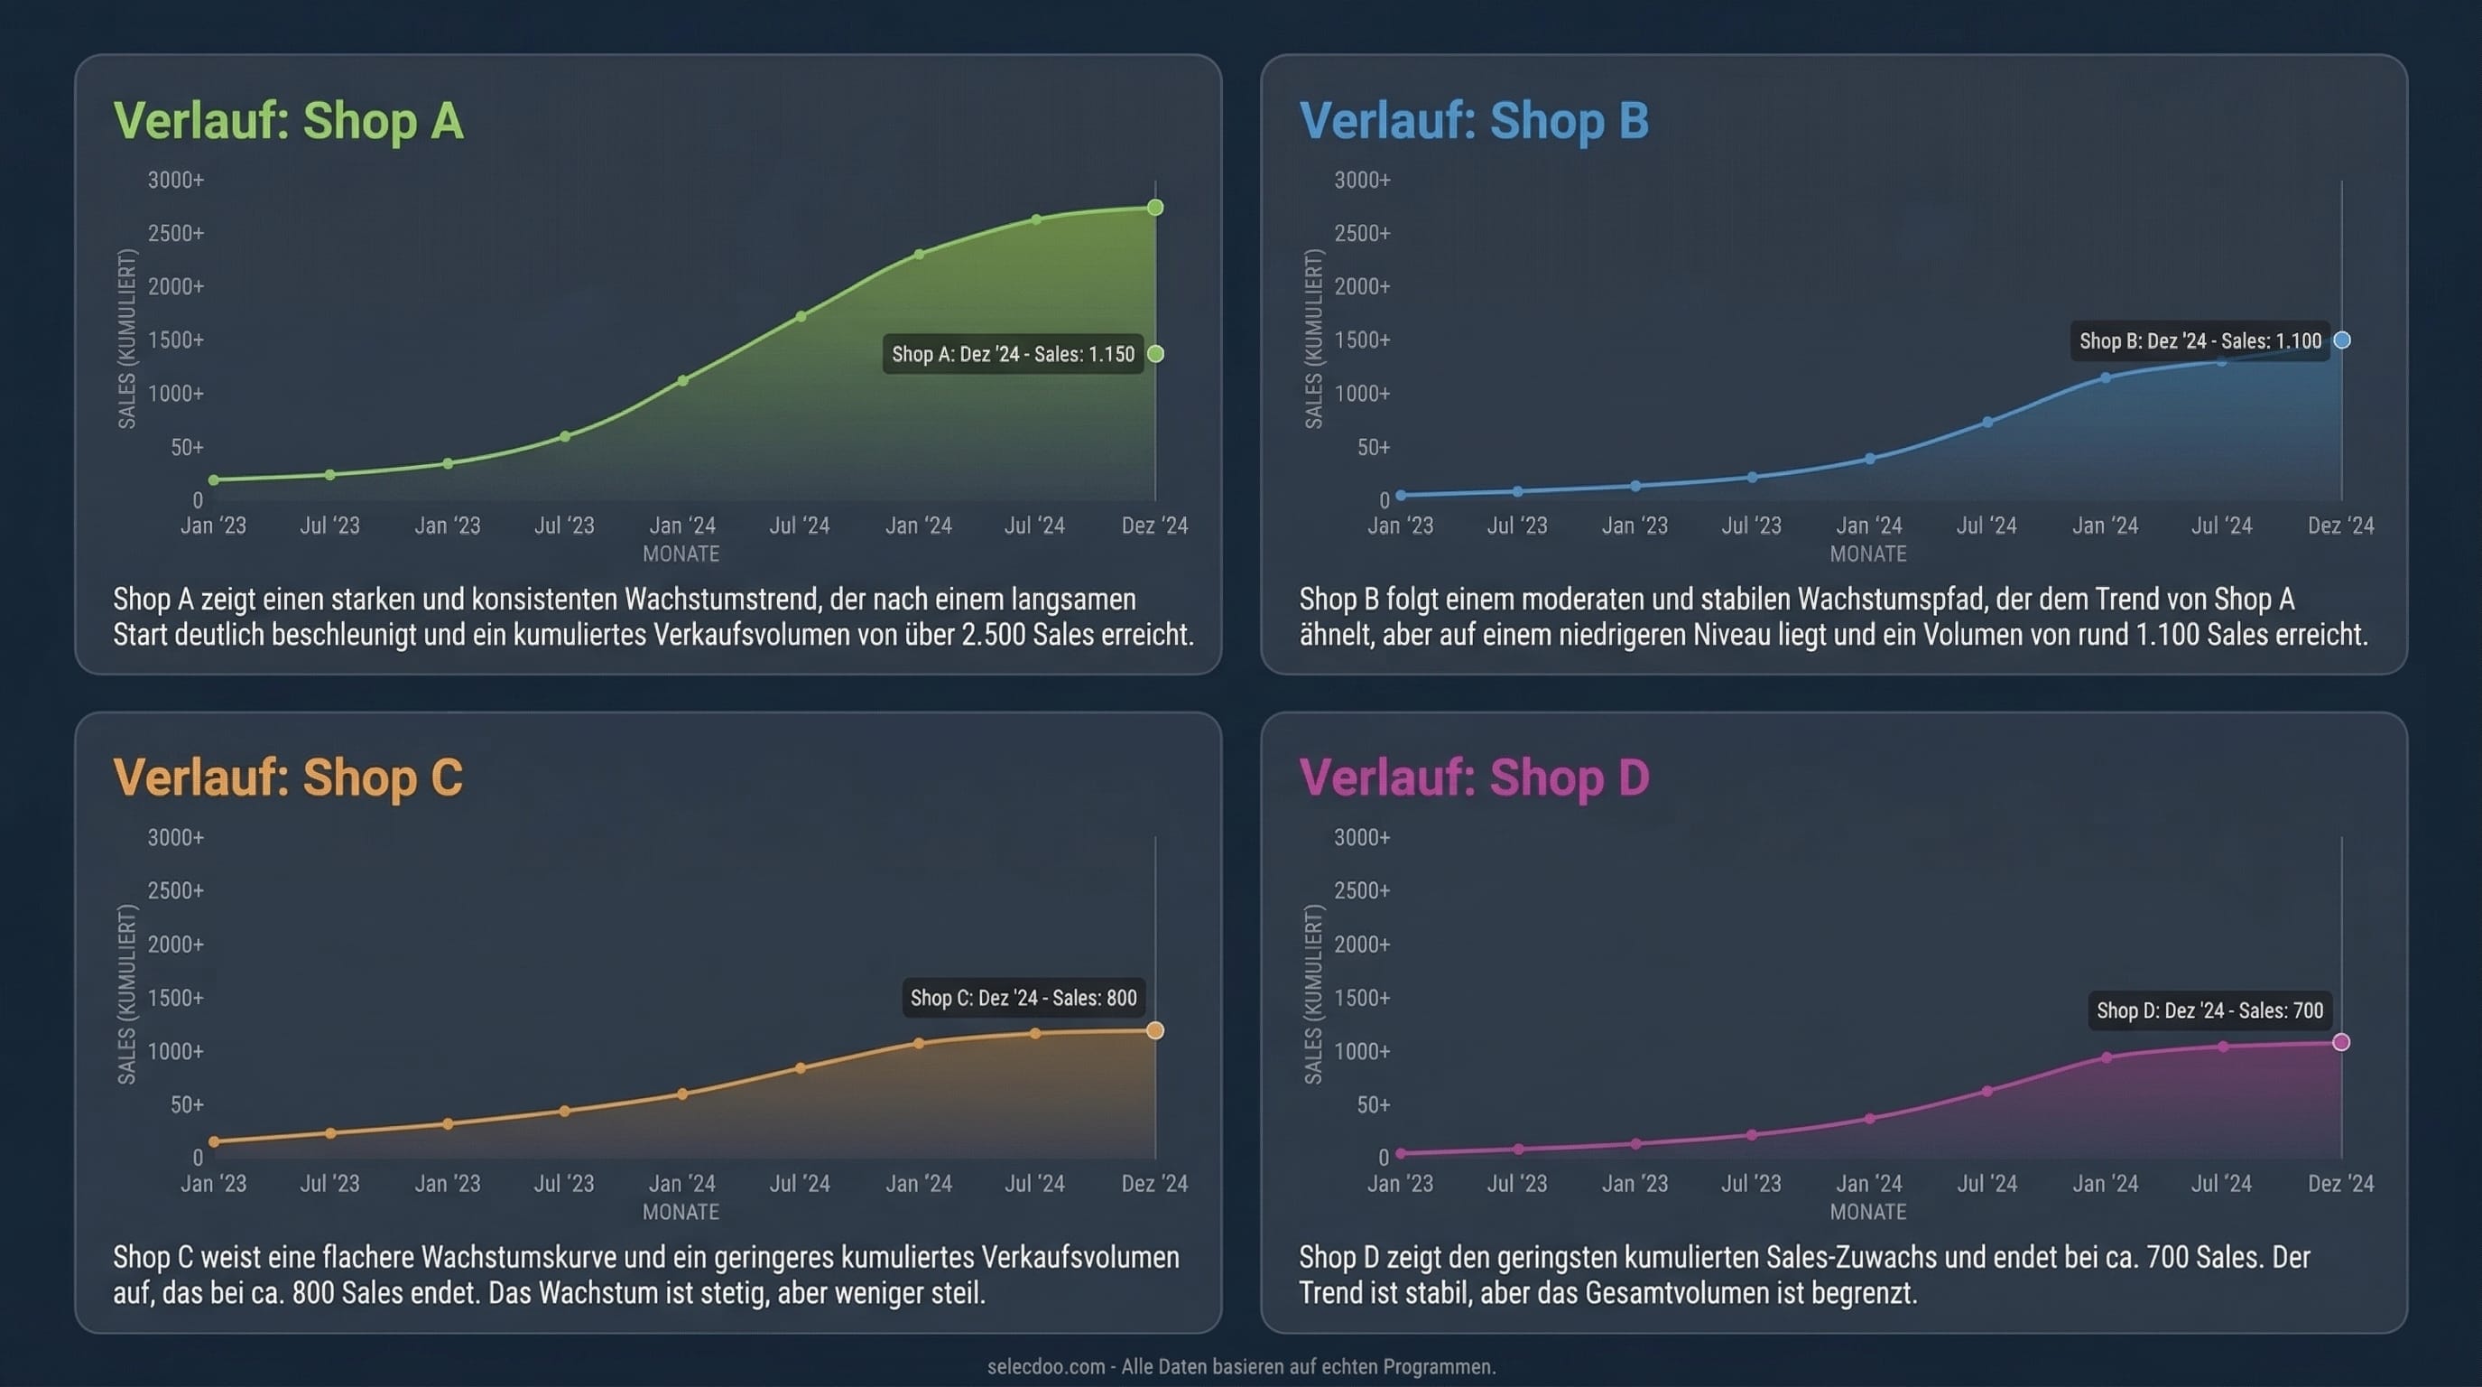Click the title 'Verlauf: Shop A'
[288, 121]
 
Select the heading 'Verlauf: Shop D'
[1474, 777]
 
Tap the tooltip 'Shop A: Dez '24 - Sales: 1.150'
[1013, 355]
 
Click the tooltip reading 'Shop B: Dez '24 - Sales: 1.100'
[2200, 341]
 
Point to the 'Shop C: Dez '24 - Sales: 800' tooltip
[1023, 999]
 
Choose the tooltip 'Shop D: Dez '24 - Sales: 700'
[2209, 1011]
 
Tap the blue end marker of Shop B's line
[2342, 340]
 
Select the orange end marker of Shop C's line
[1155, 1031]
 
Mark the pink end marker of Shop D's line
[2341, 1043]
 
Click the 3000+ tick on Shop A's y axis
[175, 181]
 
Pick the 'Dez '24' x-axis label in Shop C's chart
[1154, 1184]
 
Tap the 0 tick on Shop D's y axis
[1384, 1158]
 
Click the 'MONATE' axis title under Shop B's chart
[1867, 554]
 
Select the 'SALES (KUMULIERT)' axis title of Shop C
[126, 995]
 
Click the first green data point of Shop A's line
[214, 480]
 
